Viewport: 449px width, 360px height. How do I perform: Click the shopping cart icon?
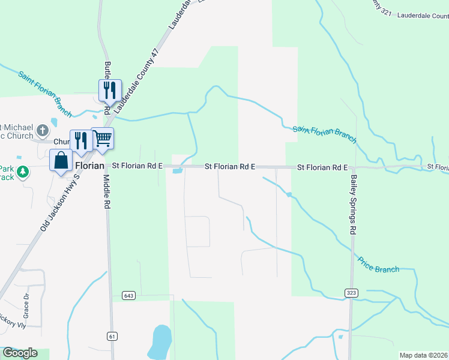[x=103, y=139]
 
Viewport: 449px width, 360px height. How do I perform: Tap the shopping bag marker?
[x=61, y=161]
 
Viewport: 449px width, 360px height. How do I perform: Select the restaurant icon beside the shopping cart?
[x=80, y=140]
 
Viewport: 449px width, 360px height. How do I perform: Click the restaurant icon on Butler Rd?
[x=110, y=90]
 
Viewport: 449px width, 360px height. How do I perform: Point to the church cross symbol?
[x=42, y=130]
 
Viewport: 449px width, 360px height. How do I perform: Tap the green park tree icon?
[x=23, y=172]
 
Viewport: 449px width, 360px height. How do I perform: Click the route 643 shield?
[x=128, y=295]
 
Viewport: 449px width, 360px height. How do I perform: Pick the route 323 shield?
[x=352, y=292]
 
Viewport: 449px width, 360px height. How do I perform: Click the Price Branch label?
[x=378, y=265]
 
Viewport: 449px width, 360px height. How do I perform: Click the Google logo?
[x=20, y=353]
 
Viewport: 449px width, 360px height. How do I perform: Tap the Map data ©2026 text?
[x=423, y=355]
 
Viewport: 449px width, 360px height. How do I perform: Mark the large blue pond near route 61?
[x=161, y=340]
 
